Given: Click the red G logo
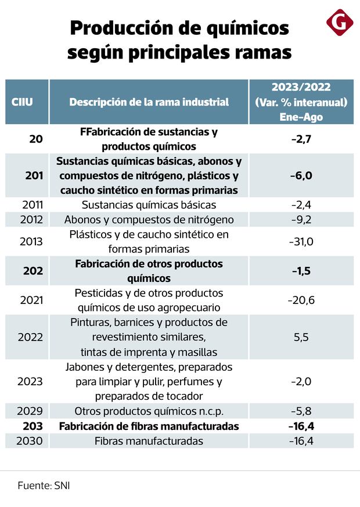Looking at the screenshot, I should (340, 23).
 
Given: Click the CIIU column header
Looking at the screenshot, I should (22, 102).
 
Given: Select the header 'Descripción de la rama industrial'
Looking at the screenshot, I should (149, 102).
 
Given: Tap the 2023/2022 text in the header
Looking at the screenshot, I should (301, 88).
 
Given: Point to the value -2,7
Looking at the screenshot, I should (301, 139).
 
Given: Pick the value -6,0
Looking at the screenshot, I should (301, 176).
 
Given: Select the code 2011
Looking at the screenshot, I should (31, 205).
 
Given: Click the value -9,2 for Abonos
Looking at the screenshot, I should (301, 220).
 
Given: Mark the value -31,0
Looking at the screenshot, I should (301, 242).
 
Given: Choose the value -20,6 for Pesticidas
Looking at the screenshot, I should (301, 300).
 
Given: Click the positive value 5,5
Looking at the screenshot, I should (301, 337).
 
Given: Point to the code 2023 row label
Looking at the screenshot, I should (31, 382).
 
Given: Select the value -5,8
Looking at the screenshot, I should (301, 411).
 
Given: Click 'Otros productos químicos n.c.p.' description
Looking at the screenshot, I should (149, 411).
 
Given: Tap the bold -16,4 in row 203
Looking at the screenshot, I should (301, 426).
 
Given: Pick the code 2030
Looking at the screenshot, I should (31, 441).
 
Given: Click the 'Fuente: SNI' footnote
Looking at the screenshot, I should (44, 486).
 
